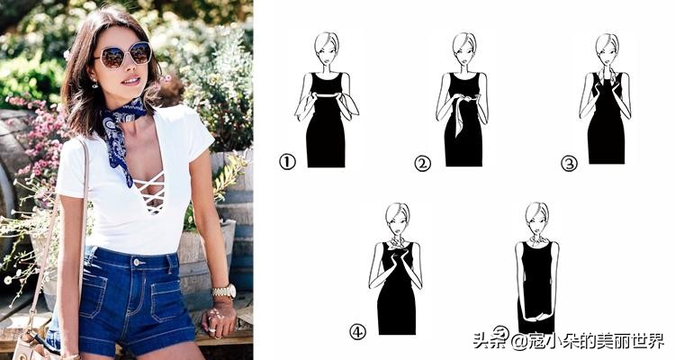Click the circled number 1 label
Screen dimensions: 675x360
(x=287, y=162)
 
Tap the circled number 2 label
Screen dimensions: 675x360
(x=422, y=163)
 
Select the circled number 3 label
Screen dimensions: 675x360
(x=569, y=164)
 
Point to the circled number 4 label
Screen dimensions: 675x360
(x=357, y=331)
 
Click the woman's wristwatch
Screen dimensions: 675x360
(x=224, y=292)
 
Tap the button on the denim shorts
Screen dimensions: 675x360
(x=137, y=261)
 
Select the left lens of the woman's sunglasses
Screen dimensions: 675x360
(x=112, y=58)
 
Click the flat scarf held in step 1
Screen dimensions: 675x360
(x=327, y=95)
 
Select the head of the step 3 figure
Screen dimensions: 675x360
(x=607, y=49)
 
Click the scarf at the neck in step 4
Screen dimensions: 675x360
(x=397, y=245)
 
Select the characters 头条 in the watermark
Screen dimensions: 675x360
(x=491, y=341)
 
